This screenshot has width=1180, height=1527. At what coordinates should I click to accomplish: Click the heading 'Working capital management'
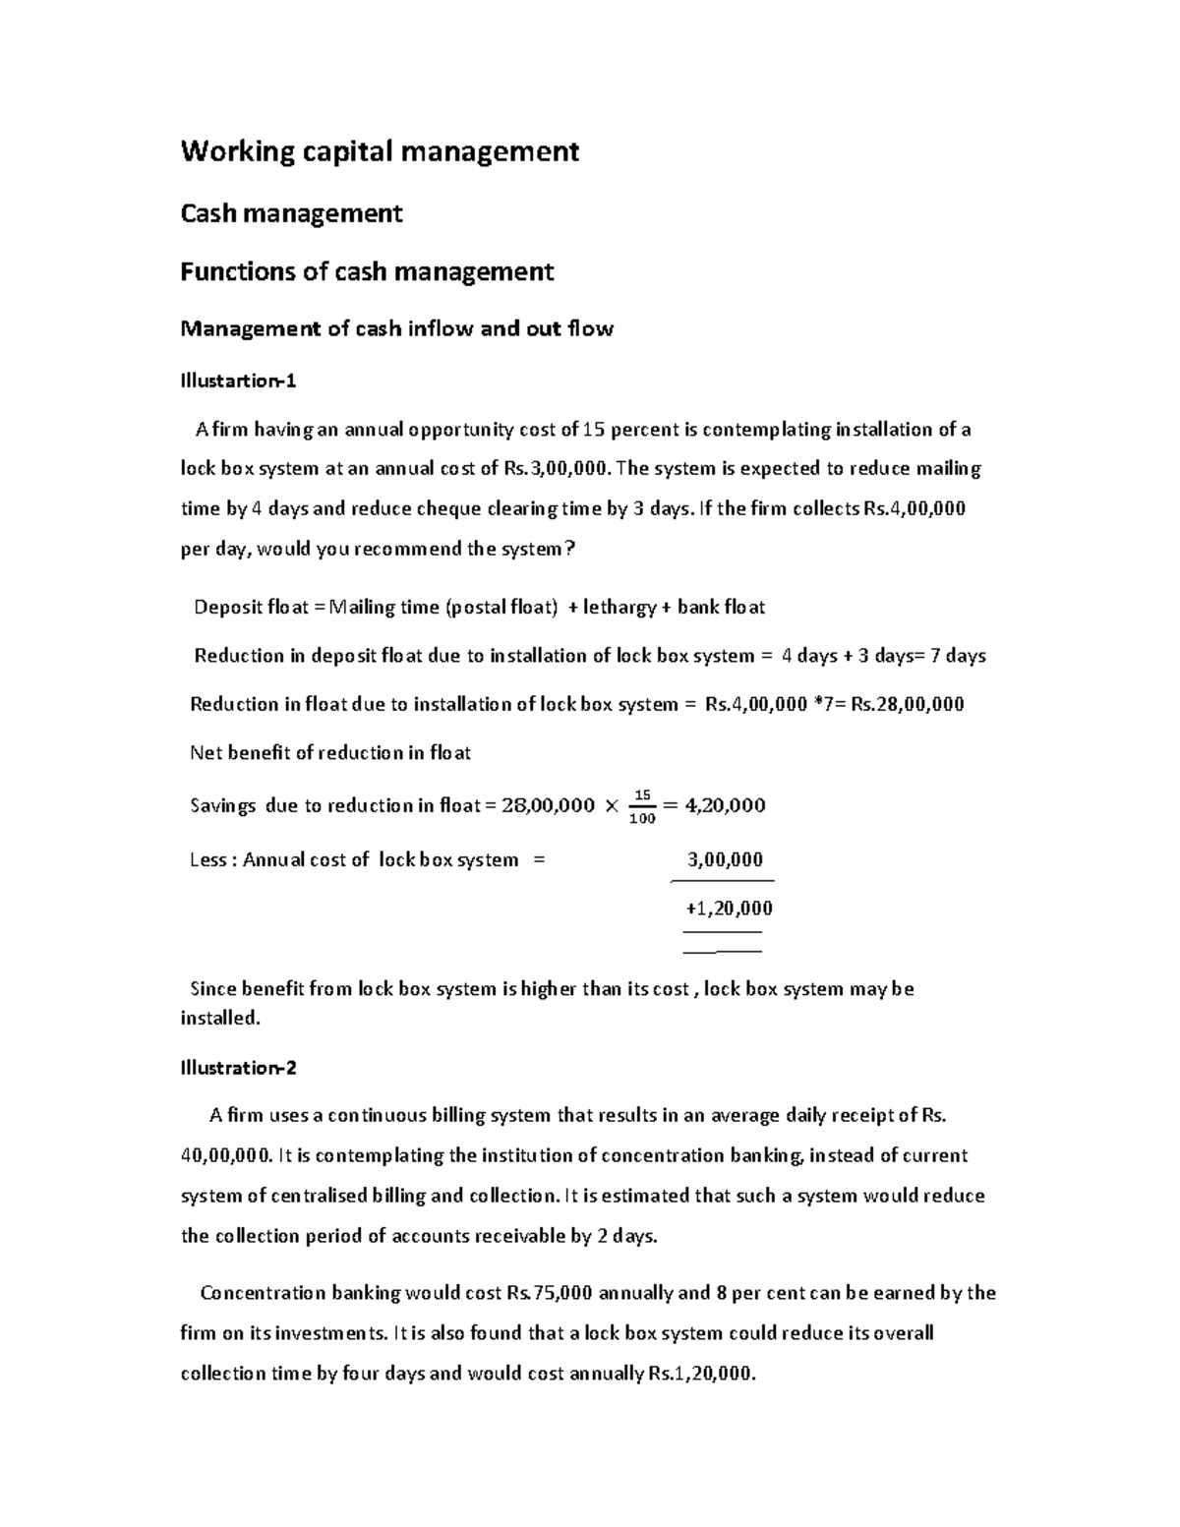click(380, 151)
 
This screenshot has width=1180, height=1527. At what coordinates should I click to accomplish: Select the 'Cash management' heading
click(291, 213)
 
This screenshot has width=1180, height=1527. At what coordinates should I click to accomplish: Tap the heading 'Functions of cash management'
click(367, 271)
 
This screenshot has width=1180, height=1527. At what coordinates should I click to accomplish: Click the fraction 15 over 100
click(641, 806)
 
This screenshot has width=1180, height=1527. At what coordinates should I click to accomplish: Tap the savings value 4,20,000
click(725, 806)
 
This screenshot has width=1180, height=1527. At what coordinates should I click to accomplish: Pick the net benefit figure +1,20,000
click(729, 908)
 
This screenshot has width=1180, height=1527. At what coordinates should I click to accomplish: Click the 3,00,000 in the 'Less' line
click(725, 859)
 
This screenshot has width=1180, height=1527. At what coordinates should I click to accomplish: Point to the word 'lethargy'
click(619, 608)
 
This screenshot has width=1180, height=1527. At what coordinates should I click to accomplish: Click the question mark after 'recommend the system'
click(569, 550)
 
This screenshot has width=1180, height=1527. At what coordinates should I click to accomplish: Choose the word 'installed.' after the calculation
click(220, 1019)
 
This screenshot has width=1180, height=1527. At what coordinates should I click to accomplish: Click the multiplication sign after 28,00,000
click(612, 806)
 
